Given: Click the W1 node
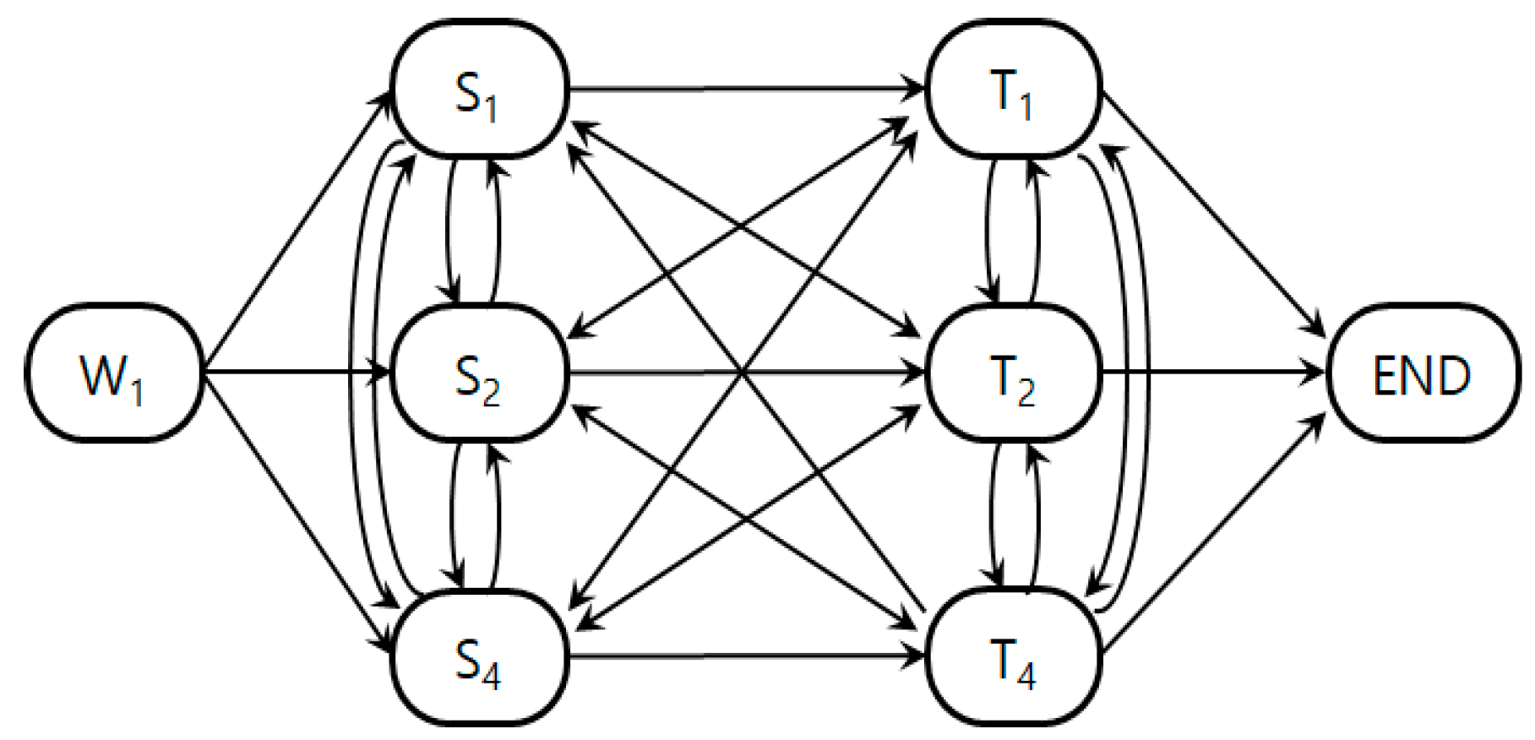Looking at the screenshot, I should point(113,373).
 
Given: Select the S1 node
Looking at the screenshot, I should point(478,90).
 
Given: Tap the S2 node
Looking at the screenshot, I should point(478,373).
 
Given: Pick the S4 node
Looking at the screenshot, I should point(478,657).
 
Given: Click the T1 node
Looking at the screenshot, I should point(1014,90).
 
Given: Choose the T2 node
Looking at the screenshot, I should point(1014,373).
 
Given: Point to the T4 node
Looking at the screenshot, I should point(1014,657).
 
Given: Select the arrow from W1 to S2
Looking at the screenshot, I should point(296,372).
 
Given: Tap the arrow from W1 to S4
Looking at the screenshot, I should point(296,511).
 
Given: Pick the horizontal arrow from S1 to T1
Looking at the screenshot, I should point(743,87).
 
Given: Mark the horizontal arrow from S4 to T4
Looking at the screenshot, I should point(743,656).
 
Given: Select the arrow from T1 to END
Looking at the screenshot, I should point(1212,211).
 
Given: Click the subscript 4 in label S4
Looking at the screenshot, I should point(492,672).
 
